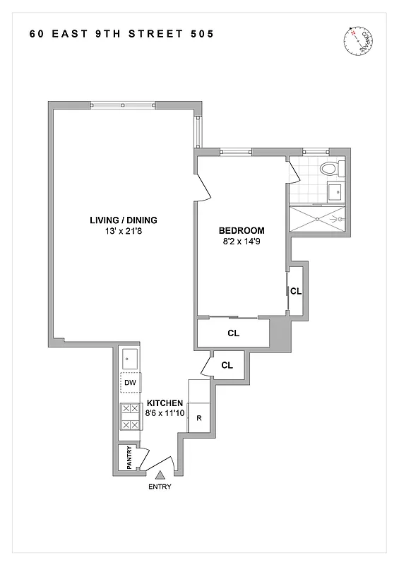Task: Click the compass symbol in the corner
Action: pos(357,40)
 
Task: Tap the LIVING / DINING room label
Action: pos(123,220)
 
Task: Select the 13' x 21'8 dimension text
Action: pos(123,231)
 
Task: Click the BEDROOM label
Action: pos(242,231)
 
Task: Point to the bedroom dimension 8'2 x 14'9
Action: pos(242,242)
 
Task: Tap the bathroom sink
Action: pos(336,191)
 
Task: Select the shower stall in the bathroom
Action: pos(318,219)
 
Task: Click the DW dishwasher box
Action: pos(130,383)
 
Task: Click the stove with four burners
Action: pos(130,417)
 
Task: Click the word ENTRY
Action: pos(160,487)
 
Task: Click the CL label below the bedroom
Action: pos(233,333)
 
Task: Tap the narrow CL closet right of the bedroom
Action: pos(296,290)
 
